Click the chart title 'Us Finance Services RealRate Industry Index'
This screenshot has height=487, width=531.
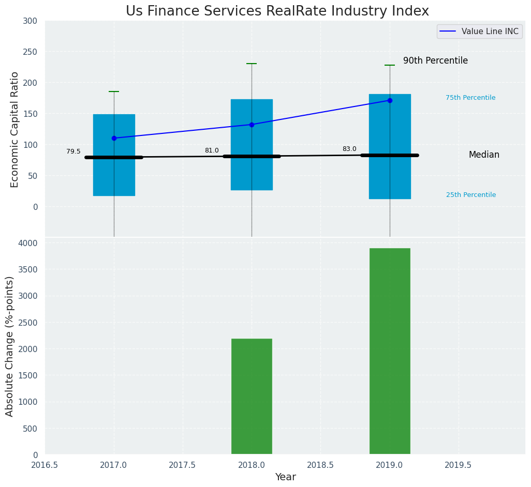click(x=277, y=11)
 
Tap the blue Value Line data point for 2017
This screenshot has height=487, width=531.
click(x=114, y=138)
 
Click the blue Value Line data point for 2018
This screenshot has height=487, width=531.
click(x=252, y=125)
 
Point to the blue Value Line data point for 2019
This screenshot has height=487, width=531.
click(x=390, y=100)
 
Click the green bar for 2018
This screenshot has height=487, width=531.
click(x=252, y=397)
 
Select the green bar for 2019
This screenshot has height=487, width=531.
click(x=390, y=352)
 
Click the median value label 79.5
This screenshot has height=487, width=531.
click(x=73, y=151)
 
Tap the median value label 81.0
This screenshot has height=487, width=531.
click(x=212, y=150)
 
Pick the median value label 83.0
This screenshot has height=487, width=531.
click(x=349, y=149)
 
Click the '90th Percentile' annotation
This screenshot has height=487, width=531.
click(x=435, y=60)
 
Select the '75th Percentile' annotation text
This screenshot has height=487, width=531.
click(x=470, y=98)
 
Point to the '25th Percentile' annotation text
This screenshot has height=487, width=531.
click(x=471, y=195)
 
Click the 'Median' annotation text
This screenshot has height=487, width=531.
click(x=484, y=155)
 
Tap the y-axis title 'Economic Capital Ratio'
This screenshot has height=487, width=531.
click(x=15, y=129)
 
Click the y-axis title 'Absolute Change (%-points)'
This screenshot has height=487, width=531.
click(x=10, y=346)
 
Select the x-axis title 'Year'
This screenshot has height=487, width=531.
click(x=285, y=477)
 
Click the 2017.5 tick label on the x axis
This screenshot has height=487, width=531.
click(x=183, y=465)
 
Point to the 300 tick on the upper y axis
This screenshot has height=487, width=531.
click(x=31, y=21)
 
